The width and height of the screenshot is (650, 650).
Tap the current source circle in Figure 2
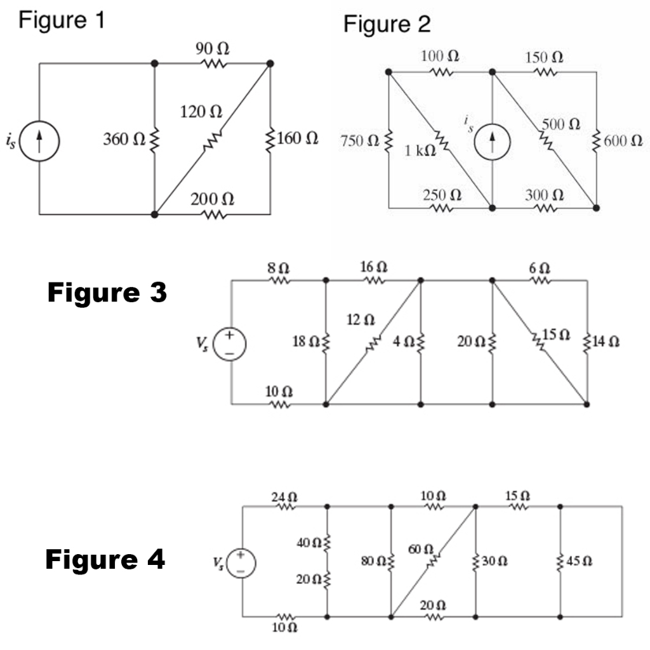click(492, 140)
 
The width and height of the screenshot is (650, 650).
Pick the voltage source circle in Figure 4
click(242, 562)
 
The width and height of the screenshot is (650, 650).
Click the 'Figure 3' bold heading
click(107, 293)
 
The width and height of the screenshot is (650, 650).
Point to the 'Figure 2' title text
click(387, 24)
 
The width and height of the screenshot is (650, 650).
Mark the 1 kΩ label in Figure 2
click(420, 152)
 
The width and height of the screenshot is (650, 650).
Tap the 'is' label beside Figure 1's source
click(11, 141)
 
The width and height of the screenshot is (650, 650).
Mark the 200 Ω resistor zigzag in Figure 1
click(213, 215)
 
